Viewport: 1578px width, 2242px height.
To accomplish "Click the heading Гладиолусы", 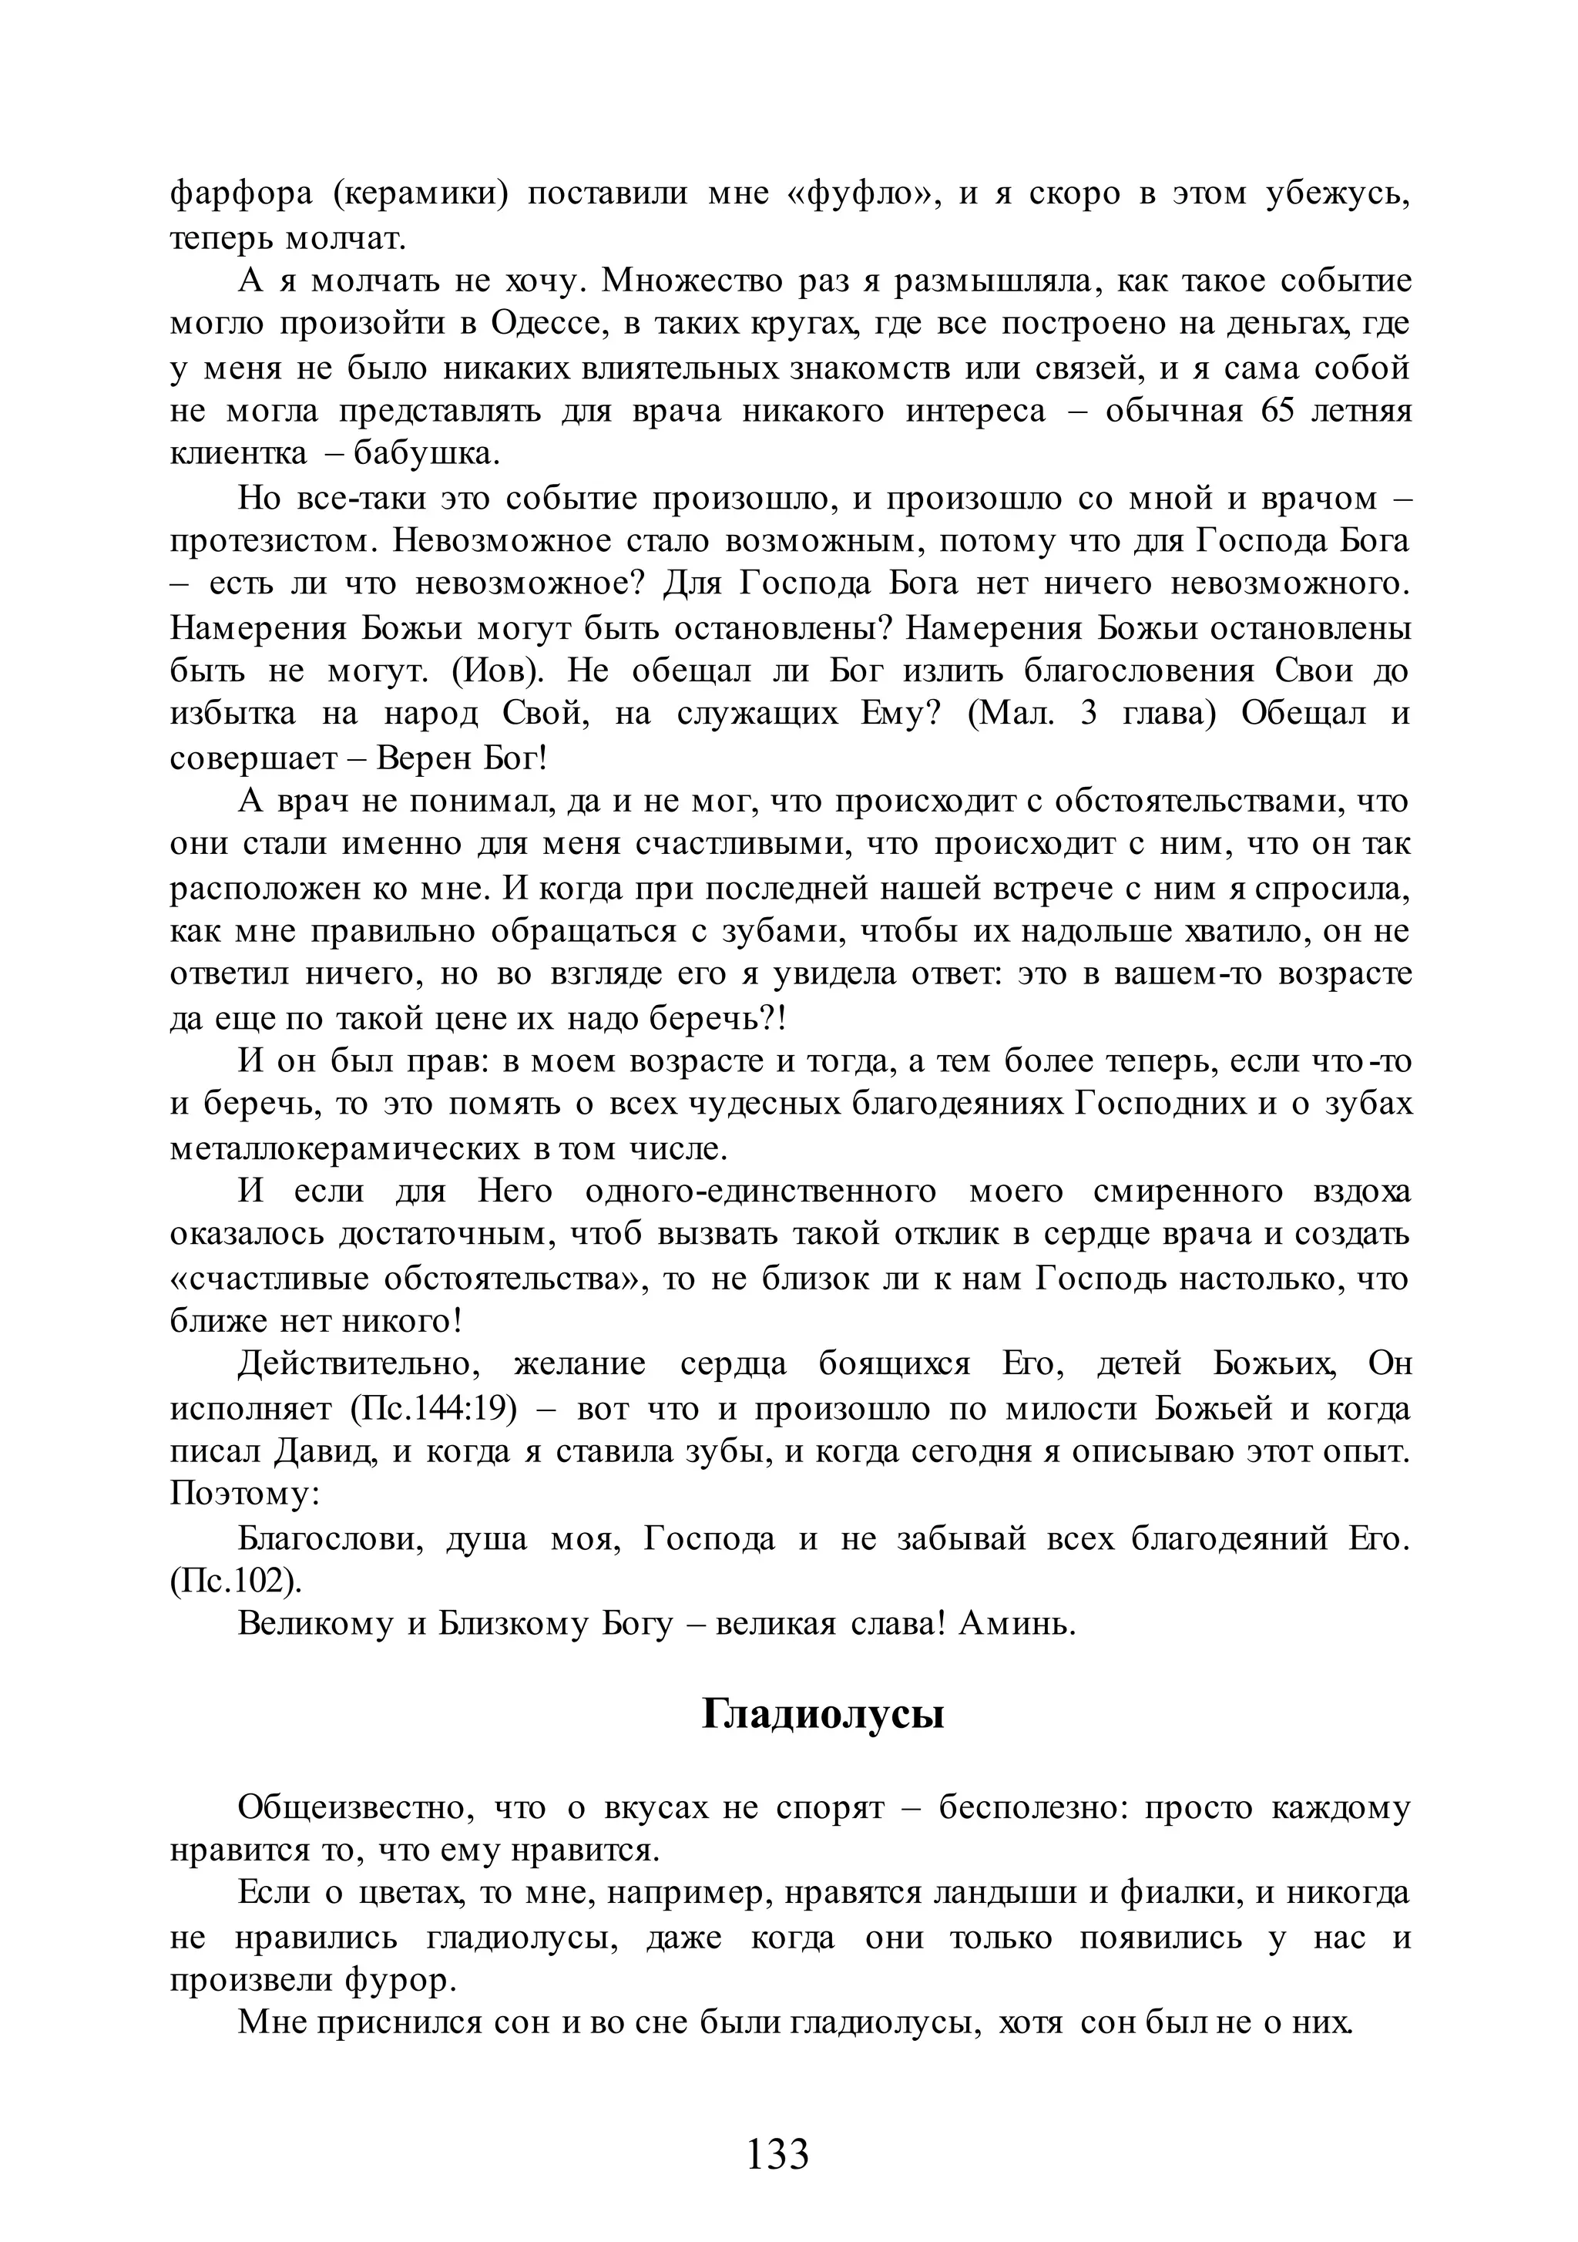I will [822, 1714].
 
